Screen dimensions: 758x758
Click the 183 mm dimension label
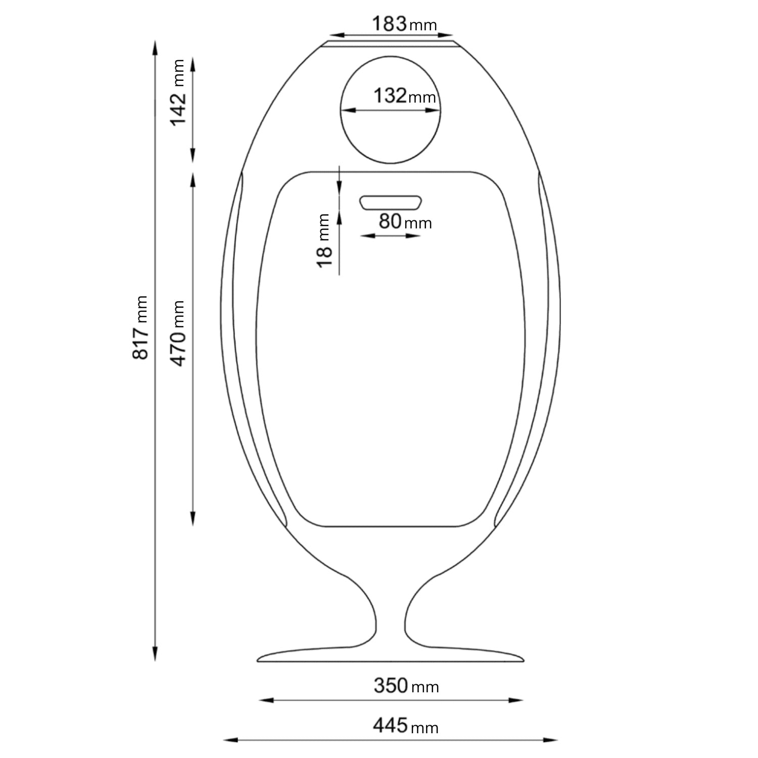tap(404, 24)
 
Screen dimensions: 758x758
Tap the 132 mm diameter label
tap(405, 96)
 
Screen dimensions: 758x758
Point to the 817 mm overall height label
tap(140, 328)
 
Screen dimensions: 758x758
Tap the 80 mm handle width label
tap(405, 221)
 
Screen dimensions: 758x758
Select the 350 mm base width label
tap(406, 686)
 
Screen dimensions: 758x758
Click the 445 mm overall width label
tap(406, 726)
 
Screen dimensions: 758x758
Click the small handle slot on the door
tap(390, 202)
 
